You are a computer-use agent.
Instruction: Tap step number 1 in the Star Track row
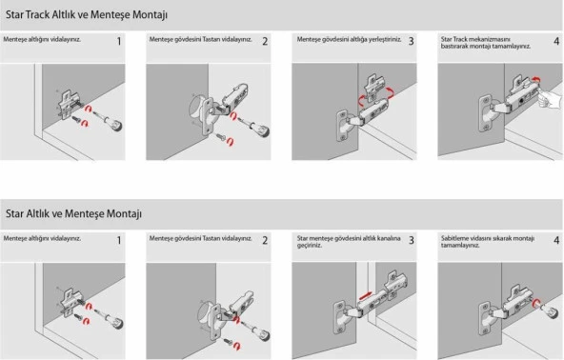[119, 42]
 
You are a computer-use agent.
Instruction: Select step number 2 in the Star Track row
[265, 42]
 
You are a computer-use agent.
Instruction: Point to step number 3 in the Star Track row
[411, 42]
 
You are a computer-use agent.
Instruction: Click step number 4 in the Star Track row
[556, 42]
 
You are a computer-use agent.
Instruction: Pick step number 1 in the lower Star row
[119, 241]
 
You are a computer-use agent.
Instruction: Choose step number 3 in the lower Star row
[411, 241]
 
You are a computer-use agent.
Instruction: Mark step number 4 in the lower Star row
[556, 241]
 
